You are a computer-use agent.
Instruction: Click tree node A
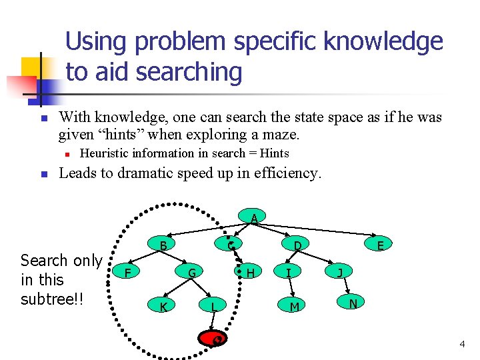coord(254,218)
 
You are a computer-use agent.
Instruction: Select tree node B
coord(163,245)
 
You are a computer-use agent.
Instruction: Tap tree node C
coord(230,245)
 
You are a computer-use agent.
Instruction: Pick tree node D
coord(298,245)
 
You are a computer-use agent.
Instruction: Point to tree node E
coord(380,245)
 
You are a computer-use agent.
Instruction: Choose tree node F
coord(127,272)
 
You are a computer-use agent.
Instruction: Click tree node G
coord(191,272)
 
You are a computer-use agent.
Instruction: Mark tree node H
coord(250,272)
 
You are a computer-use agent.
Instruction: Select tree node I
coord(288,272)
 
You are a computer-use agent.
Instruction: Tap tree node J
coord(340,272)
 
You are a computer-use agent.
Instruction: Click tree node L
coord(213,306)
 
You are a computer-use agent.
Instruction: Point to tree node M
coord(293,306)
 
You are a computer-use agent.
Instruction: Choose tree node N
coord(353,303)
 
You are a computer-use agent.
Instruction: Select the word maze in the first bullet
coord(283,135)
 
